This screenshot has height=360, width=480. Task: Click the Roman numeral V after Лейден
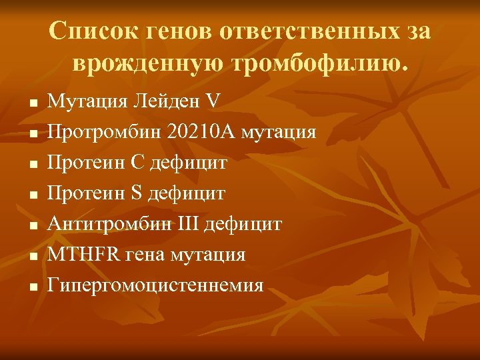[x=212, y=101]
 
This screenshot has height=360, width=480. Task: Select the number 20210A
[x=197, y=131]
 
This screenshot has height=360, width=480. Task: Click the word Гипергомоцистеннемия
[x=155, y=286]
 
